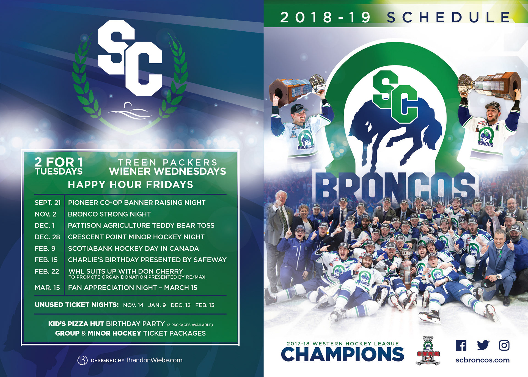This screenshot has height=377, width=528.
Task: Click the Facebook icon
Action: tap(461, 345)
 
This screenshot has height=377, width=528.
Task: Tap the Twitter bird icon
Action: tap(483, 345)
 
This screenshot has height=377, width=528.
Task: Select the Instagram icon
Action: tap(504, 345)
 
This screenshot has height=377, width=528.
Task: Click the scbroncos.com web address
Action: tap(482, 360)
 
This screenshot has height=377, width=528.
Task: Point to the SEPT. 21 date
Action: tap(48, 203)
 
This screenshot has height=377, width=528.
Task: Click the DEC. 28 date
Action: tap(47, 237)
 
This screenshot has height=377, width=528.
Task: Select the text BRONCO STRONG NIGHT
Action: tap(109, 214)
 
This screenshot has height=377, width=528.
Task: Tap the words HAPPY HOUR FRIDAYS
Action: tap(131, 185)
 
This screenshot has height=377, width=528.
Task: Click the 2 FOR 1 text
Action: tap(59, 162)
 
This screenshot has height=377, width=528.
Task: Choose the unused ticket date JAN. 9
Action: tap(157, 305)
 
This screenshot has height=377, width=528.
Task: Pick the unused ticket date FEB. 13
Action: tap(205, 305)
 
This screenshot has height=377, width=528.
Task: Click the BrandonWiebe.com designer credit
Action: tap(154, 360)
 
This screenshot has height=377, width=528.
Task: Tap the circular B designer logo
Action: tap(82, 360)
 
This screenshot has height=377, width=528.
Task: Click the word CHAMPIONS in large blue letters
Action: tap(343, 354)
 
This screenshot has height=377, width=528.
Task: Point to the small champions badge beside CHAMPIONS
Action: tap(428, 351)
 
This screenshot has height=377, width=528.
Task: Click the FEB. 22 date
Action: tap(47, 272)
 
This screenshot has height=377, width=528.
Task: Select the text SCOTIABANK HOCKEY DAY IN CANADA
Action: tap(133, 248)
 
